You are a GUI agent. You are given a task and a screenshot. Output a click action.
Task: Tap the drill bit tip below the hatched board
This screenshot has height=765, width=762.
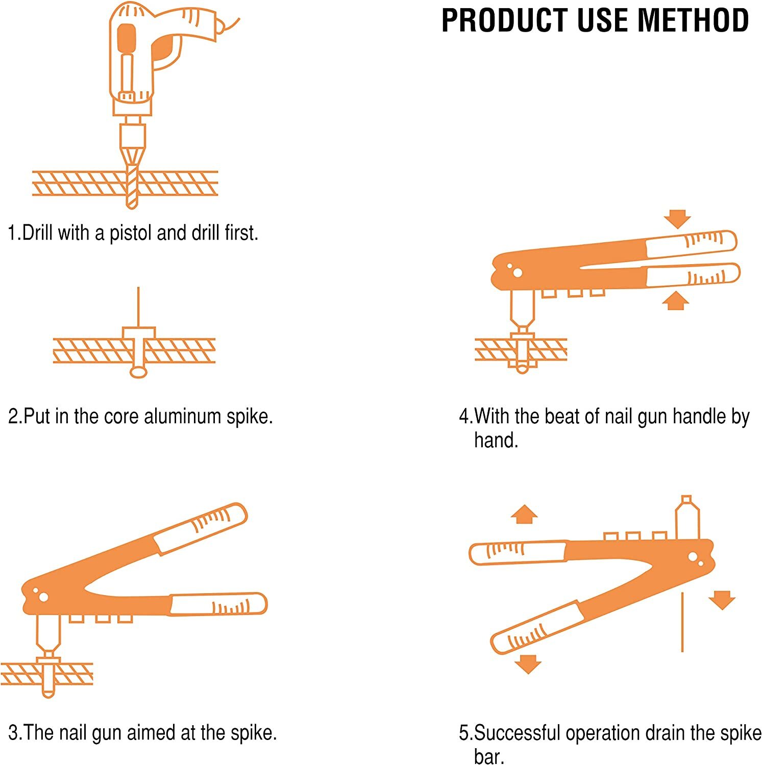[x=132, y=202]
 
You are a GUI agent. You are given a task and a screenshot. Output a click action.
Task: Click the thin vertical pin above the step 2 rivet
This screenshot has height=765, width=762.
[x=138, y=306]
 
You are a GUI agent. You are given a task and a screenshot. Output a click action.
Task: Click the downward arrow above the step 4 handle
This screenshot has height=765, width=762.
[x=677, y=219]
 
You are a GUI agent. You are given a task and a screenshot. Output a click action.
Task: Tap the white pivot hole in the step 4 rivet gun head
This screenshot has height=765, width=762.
[x=518, y=273]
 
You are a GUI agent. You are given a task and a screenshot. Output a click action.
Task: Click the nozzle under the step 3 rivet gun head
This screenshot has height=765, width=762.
[x=48, y=635]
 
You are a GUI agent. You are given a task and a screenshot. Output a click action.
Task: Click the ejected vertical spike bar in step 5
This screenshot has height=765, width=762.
[x=682, y=622]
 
